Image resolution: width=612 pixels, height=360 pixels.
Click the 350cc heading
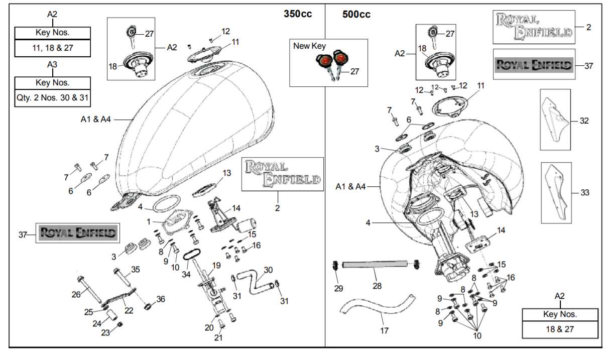click(x=298, y=14)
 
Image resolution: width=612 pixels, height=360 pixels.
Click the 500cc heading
click(x=356, y=15)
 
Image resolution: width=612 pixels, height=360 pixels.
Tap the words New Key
click(x=309, y=46)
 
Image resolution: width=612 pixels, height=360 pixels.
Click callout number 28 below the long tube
click(x=377, y=286)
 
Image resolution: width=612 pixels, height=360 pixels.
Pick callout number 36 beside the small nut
click(x=160, y=299)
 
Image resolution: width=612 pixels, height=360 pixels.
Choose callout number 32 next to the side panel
click(x=584, y=121)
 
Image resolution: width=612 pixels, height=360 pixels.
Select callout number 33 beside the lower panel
click(x=584, y=192)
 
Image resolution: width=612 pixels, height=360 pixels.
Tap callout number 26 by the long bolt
click(x=76, y=294)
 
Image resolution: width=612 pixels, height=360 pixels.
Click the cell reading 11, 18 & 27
click(x=53, y=49)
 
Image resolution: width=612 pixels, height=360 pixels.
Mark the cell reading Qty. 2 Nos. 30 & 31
click(x=53, y=98)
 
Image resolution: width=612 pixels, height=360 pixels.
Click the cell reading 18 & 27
click(x=560, y=329)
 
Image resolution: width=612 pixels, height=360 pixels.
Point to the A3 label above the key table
click(x=52, y=65)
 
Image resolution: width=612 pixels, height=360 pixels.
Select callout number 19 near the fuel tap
click(x=216, y=265)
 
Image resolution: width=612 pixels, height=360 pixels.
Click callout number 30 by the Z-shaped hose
click(x=268, y=270)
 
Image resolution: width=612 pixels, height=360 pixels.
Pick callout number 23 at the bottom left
click(x=105, y=332)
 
